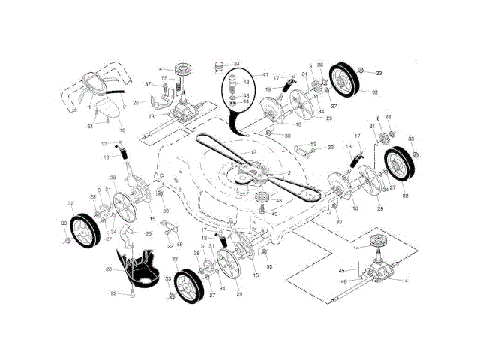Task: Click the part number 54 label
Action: [238, 64]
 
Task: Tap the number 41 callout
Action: [265, 74]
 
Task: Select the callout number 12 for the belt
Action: [253, 153]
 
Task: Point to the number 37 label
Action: [148, 84]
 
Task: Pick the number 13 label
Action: [151, 116]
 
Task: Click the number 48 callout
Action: [278, 201]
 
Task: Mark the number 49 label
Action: [274, 213]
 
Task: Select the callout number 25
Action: [148, 234]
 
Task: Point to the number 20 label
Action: [109, 268]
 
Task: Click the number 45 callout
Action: [341, 270]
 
